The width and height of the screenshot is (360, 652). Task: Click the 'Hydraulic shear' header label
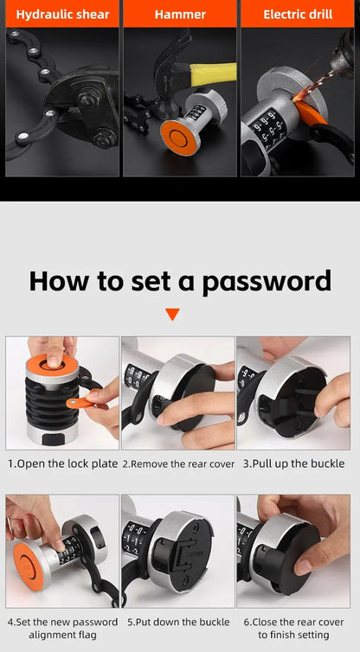(x=61, y=15)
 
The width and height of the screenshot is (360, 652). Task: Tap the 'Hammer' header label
(x=180, y=15)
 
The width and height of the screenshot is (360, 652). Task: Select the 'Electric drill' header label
(x=298, y=15)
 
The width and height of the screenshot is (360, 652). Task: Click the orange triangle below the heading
(x=172, y=314)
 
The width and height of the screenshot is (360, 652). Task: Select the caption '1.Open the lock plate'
(x=62, y=463)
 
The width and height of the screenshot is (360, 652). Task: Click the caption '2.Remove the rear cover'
(x=178, y=463)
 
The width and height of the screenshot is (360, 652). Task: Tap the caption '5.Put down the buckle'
(x=178, y=621)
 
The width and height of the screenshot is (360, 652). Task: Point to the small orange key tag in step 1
(x=79, y=402)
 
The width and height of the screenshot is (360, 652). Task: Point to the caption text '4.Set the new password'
(x=62, y=621)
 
